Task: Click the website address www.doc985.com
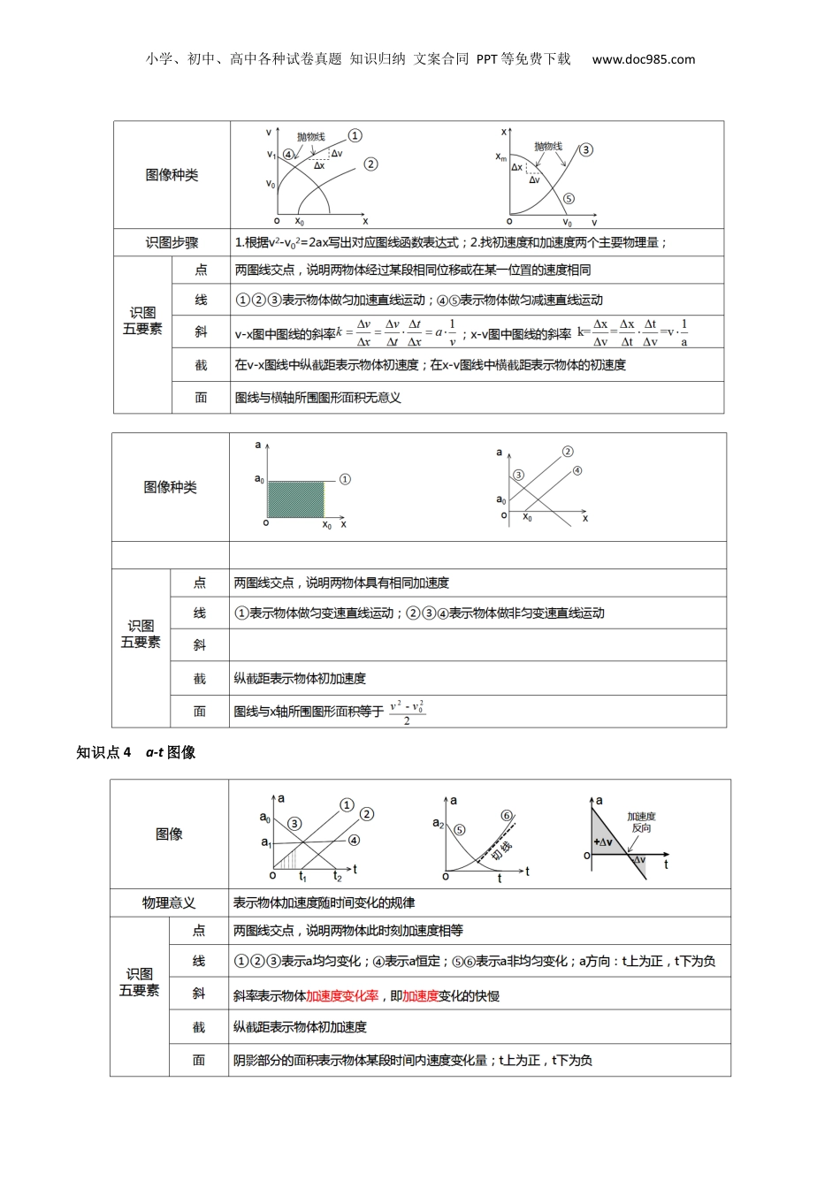click(643, 59)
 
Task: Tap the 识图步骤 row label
click(172, 242)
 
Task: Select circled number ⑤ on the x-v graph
click(569, 200)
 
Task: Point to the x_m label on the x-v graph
click(501, 157)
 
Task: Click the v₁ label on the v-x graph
click(271, 155)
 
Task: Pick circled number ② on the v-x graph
click(370, 164)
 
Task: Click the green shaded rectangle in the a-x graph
click(296, 499)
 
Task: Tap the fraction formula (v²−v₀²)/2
click(407, 712)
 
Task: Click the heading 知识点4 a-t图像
click(136, 752)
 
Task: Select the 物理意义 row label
click(168, 902)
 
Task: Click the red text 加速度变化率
click(342, 995)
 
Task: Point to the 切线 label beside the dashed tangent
click(500, 850)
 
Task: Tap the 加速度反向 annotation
click(641, 822)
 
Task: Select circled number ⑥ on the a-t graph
click(507, 815)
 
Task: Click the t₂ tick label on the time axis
click(337, 876)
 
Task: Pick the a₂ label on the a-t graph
click(438, 823)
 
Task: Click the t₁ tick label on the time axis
click(302, 876)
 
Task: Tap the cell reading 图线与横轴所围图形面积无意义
click(318, 398)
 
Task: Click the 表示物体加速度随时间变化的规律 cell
click(324, 902)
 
